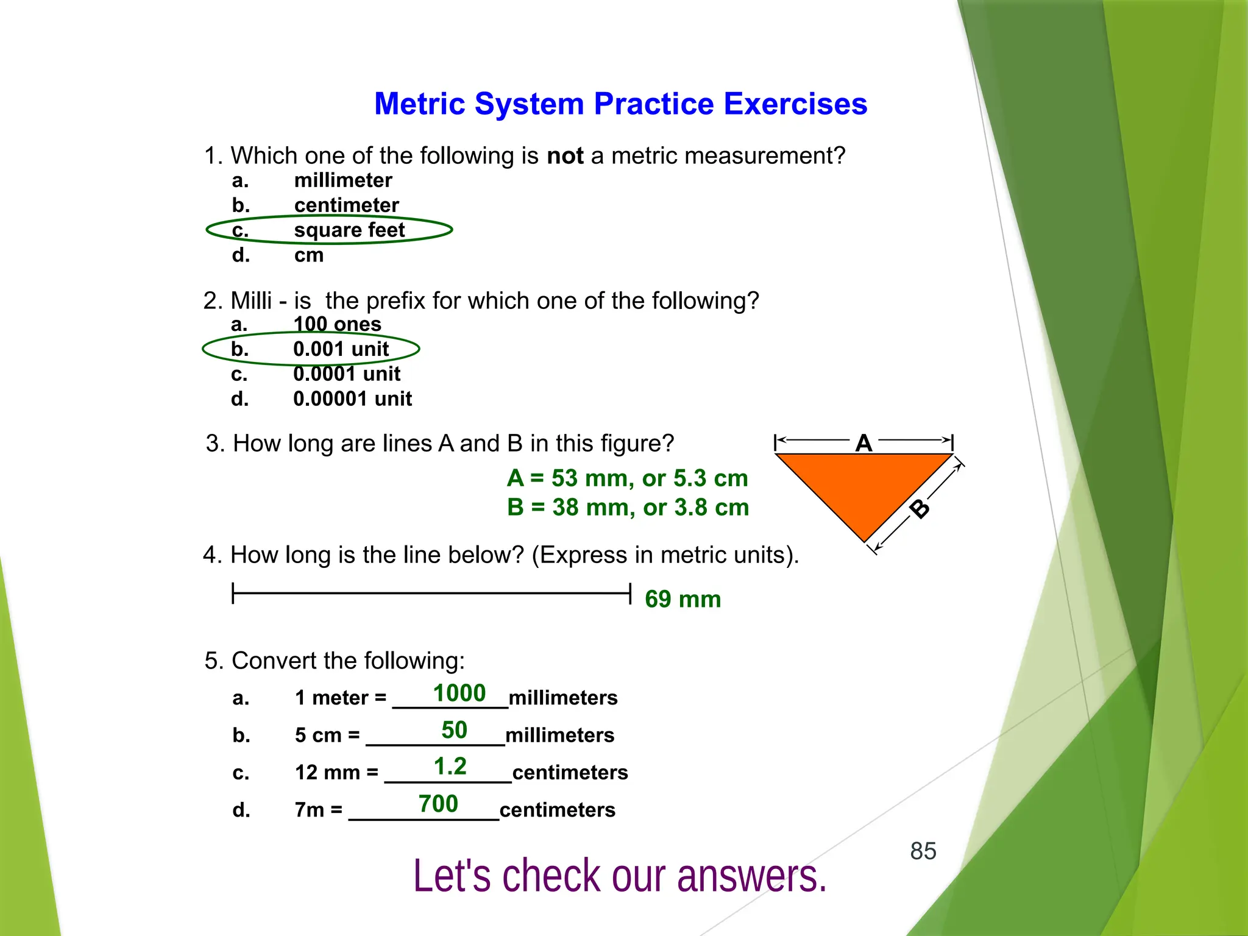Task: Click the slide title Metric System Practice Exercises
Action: (620, 104)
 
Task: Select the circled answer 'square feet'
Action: (349, 230)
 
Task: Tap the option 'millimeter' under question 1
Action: (342, 180)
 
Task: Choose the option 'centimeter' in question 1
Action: (346, 205)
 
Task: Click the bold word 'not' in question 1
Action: (565, 156)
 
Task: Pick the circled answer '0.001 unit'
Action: (340, 349)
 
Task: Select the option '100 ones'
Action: (337, 324)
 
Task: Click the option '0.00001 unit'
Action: (352, 399)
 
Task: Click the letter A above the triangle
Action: (863, 443)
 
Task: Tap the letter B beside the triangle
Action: (920, 508)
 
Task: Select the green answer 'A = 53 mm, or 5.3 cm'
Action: (627, 478)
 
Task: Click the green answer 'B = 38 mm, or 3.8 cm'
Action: (628, 507)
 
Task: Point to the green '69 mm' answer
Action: (682, 599)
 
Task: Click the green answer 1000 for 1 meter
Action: (459, 693)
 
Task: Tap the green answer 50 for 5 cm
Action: (454, 730)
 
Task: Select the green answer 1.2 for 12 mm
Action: (450, 767)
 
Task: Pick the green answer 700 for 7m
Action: (438, 804)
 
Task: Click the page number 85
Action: (923, 851)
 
